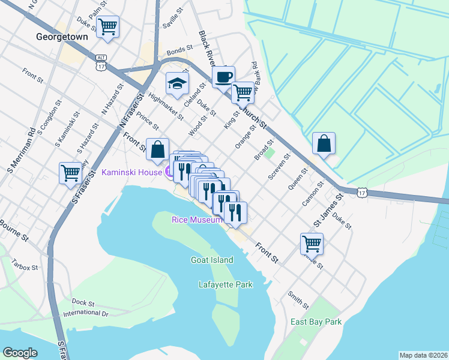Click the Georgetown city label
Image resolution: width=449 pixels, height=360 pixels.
[62, 37]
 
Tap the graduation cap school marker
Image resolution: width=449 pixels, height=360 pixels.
[177, 84]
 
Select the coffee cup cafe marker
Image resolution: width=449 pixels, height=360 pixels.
[223, 77]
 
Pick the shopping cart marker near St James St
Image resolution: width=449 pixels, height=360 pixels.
[312, 244]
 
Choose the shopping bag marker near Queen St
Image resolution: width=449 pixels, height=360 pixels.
[324, 144]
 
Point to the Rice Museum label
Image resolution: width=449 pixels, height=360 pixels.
[197, 220]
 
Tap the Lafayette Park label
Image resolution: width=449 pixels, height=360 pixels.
[226, 285]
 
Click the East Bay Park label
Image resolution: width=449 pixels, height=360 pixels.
[316, 322]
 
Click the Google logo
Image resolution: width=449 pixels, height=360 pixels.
[20, 353]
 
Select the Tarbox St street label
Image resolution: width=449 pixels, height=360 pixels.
[25, 264]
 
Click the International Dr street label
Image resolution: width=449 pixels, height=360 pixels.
[85, 313]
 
